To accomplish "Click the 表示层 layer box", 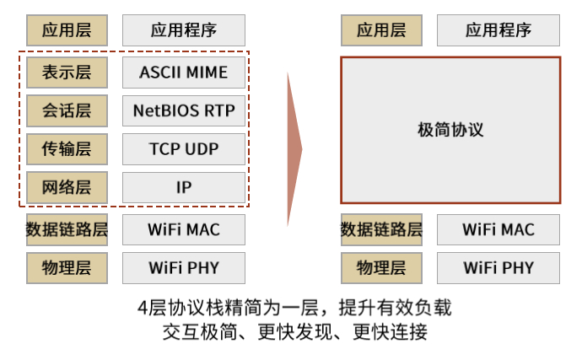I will click(67, 73).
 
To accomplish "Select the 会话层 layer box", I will click(67, 110).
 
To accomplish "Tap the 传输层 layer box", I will click(67, 149).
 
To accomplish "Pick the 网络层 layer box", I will click(67, 187).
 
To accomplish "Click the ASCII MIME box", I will click(184, 73).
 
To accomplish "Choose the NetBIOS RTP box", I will click(184, 110).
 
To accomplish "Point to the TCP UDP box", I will click(184, 149).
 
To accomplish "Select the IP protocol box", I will click(184, 187).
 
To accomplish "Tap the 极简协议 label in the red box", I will click(450, 130).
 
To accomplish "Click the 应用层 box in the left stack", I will click(67, 30).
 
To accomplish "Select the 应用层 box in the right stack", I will click(381, 30).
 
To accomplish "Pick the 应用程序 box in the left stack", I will click(184, 30).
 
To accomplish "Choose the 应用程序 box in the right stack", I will click(498, 30).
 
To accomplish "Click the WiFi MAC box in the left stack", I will click(184, 229).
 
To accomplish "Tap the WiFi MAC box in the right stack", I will click(498, 229).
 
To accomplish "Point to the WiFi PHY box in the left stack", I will click(184, 268).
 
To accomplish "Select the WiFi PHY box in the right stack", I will click(498, 268).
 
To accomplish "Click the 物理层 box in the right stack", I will click(381, 268).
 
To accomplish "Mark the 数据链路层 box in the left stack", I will click(67, 229).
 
